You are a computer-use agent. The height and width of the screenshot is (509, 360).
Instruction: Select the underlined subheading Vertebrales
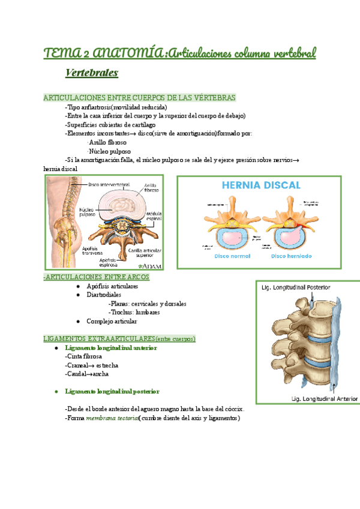click(92, 73)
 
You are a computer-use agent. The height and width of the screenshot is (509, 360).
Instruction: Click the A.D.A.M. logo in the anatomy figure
click(150, 265)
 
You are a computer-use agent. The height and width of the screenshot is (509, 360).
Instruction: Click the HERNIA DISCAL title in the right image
click(261, 185)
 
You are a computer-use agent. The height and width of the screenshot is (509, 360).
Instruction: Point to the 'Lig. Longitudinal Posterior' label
click(295, 288)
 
